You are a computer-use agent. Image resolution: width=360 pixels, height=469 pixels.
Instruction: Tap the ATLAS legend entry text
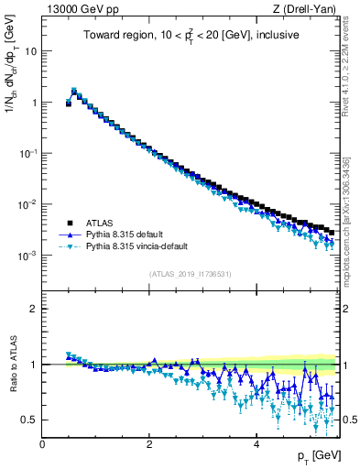99,223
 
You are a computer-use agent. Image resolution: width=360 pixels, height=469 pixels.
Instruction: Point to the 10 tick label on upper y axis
30,51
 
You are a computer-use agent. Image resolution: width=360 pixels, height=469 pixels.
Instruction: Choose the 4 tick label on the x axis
256,443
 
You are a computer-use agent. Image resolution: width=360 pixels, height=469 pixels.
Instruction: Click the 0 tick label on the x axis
42,443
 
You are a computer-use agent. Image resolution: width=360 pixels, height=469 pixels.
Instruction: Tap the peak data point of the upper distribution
74,92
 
